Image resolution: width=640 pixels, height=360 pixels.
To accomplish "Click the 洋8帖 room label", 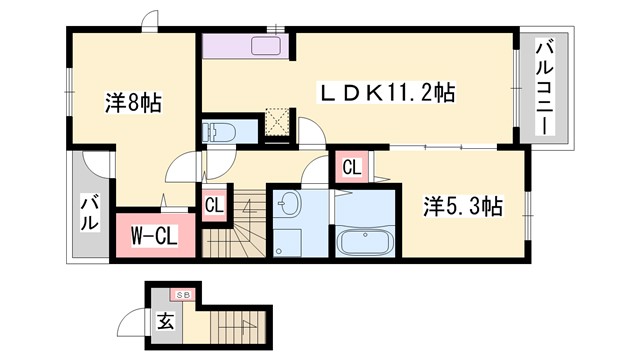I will pyautogui.click(x=134, y=101).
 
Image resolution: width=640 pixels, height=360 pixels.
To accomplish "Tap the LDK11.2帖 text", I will pyautogui.click(x=386, y=93).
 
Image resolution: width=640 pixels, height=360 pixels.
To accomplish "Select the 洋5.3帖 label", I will pyautogui.click(x=462, y=206).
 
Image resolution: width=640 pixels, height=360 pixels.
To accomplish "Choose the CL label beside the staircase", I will pyautogui.click(x=214, y=206).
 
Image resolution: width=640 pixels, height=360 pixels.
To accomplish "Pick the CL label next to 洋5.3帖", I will pyautogui.click(x=351, y=167).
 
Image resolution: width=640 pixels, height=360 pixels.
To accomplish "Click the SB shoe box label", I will pyautogui.click(x=183, y=295).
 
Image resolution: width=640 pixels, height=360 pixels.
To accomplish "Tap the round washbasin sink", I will pyautogui.click(x=289, y=205).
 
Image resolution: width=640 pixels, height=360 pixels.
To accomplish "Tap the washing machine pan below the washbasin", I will pyautogui.click(x=289, y=241).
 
